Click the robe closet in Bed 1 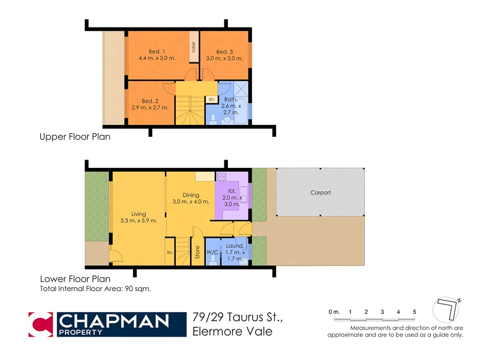click(x=194, y=47)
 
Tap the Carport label click(x=320, y=193)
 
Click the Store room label click(x=197, y=254)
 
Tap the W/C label click(x=212, y=253)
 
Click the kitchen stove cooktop click(x=220, y=177)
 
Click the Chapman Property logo click(x=100, y=324)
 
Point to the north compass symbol click(x=448, y=310)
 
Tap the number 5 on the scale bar click(x=414, y=312)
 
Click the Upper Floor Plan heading click(x=75, y=137)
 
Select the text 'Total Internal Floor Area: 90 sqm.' click(x=95, y=289)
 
